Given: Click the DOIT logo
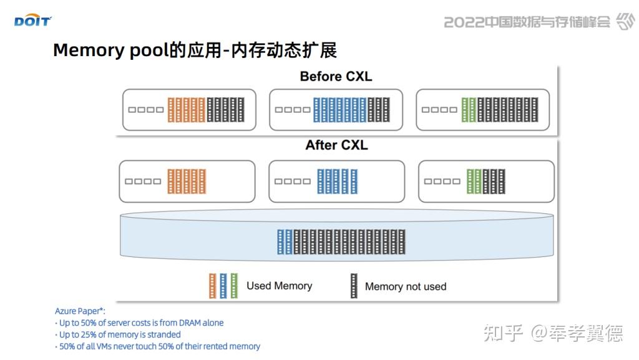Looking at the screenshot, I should [x=32, y=22].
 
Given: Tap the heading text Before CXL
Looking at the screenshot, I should [x=336, y=77].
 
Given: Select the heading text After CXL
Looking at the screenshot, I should [x=336, y=145].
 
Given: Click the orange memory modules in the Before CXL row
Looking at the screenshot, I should [x=186, y=110].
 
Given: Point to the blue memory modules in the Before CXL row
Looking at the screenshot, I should [x=339, y=110].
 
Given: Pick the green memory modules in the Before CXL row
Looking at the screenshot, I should [x=468, y=110].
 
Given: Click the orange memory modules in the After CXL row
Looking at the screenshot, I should [x=186, y=181].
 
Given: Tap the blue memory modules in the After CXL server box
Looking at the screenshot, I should [x=337, y=181].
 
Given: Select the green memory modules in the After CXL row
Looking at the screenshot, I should [x=474, y=181].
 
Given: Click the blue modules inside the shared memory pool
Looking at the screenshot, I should [x=285, y=242].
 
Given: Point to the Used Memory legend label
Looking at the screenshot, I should [x=279, y=286].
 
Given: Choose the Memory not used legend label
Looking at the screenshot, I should [x=406, y=286].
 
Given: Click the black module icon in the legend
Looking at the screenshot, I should [x=354, y=286].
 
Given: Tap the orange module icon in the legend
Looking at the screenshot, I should [x=212, y=286].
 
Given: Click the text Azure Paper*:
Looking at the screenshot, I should [x=80, y=311].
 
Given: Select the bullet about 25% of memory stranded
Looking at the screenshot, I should [x=120, y=334].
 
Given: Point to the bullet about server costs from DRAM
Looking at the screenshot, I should [x=140, y=323].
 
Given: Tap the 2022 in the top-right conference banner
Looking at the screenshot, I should [x=464, y=22].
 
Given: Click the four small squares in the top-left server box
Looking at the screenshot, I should [x=145, y=110].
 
